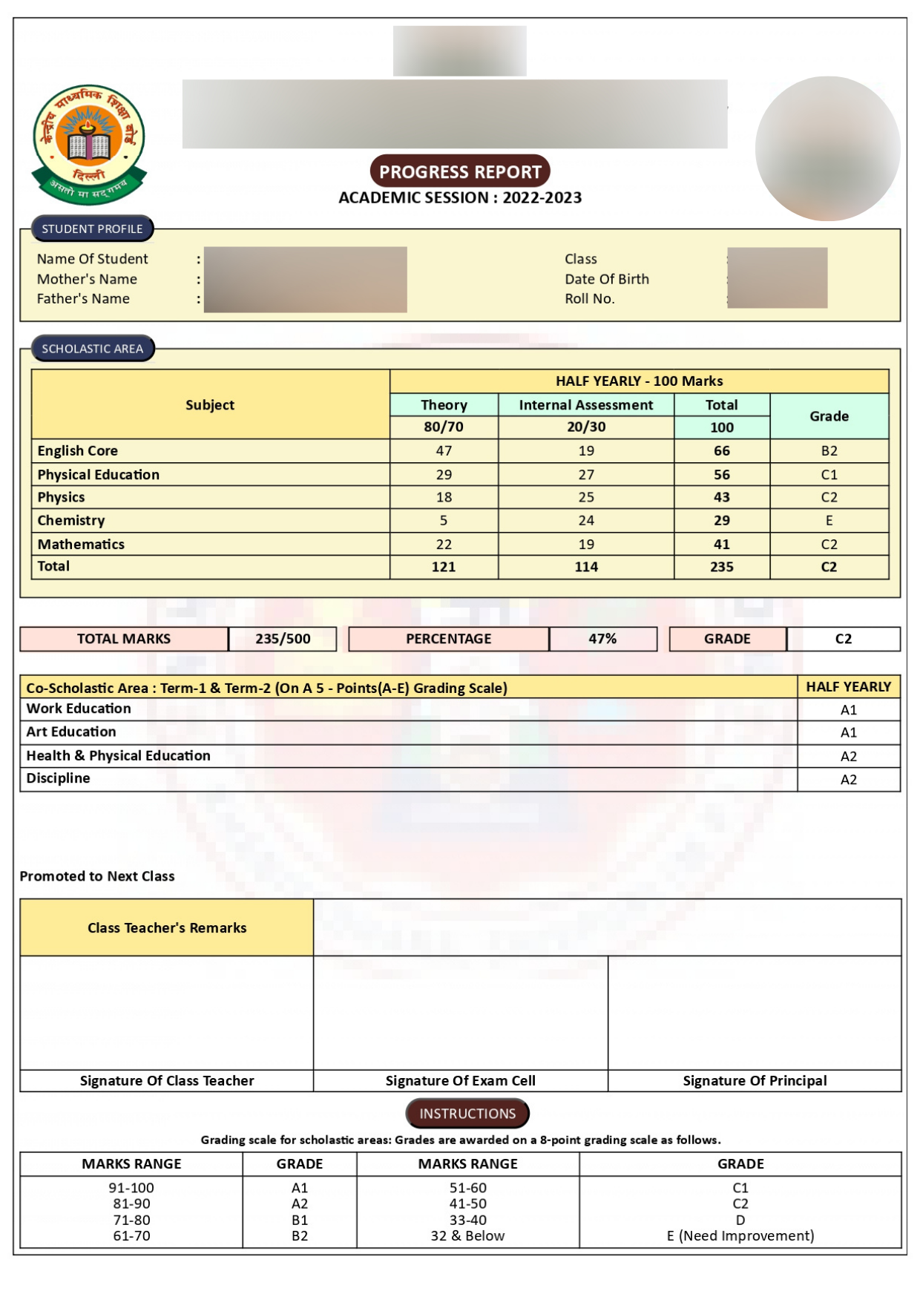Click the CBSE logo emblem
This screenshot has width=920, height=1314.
(89, 144)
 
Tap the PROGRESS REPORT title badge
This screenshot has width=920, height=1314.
(460, 171)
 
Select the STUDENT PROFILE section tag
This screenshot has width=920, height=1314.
(92, 229)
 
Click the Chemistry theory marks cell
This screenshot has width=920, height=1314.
(444, 520)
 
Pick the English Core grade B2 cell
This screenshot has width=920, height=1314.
(829, 450)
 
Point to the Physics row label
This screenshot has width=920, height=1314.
(62, 497)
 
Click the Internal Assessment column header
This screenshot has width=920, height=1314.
(585, 404)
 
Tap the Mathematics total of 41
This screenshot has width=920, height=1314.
(721, 544)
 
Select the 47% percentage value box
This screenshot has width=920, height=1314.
(602, 639)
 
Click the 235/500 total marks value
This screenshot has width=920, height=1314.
(283, 639)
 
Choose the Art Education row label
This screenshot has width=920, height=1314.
(71, 732)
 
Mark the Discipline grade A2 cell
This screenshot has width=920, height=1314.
(848, 779)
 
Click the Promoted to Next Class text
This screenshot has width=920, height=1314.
(97, 876)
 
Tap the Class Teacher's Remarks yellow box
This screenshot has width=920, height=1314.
(167, 927)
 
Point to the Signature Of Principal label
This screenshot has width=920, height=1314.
(755, 1080)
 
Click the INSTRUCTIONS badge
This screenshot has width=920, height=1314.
(467, 1113)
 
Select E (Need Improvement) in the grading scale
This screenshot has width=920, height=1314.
(740, 1235)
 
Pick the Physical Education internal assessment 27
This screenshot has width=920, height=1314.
(585, 474)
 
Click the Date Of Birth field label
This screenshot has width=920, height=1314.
(606, 279)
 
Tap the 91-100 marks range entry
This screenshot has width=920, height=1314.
(131, 1187)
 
